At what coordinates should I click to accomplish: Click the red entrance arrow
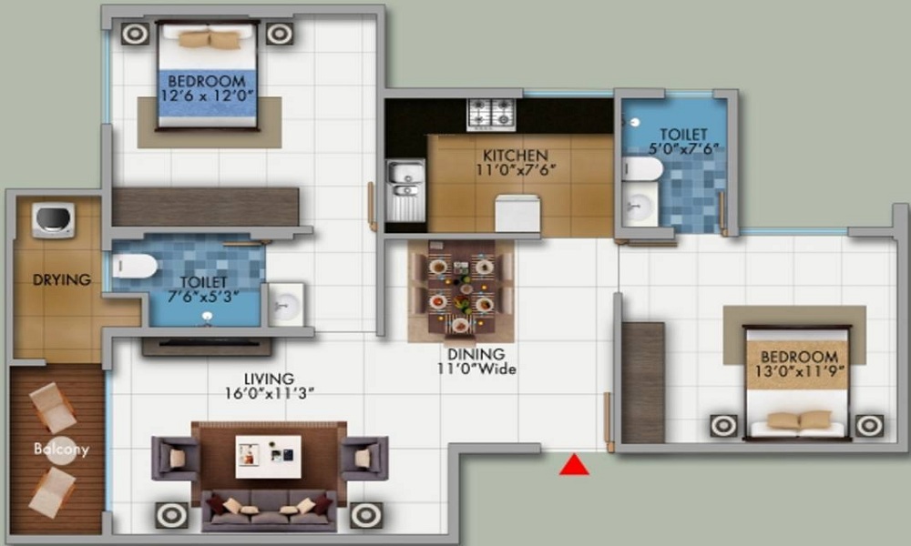click(x=574, y=465)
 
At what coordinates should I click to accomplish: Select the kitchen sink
click(x=405, y=190)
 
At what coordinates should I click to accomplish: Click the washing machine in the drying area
click(x=53, y=220)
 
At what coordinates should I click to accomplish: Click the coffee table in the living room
click(x=269, y=456)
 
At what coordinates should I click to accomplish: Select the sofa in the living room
click(x=269, y=511)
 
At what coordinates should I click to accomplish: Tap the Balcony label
click(x=61, y=449)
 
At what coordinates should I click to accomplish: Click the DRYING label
click(x=62, y=279)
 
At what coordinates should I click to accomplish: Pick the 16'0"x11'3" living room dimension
click(x=270, y=393)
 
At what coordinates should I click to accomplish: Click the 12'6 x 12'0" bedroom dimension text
click(x=208, y=96)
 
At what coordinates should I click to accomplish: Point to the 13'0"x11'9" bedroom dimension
click(x=800, y=370)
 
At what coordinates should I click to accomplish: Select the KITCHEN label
click(x=516, y=156)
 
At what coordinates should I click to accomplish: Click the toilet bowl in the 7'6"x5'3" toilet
click(x=135, y=267)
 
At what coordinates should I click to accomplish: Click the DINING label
click(x=476, y=354)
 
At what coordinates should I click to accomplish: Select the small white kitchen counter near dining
click(x=517, y=214)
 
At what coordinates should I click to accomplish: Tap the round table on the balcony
click(x=61, y=450)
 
